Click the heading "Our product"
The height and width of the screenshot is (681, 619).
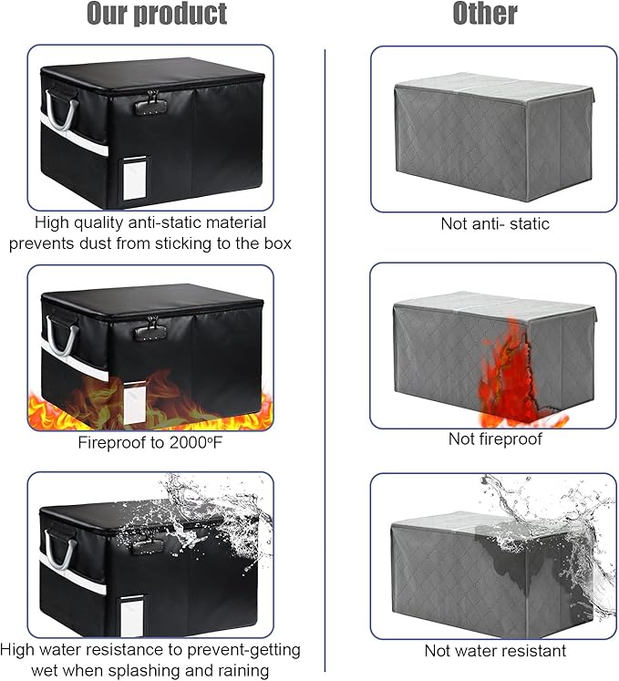tap(157, 14)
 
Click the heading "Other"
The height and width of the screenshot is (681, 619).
tap(485, 14)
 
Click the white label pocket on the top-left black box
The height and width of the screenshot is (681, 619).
tap(135, 180)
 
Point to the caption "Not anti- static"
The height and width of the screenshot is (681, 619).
tap(495, 223)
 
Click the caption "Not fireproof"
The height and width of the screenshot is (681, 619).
tap(495, 439)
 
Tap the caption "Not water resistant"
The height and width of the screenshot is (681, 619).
tap(495, 651)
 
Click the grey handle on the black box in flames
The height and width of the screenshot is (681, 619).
tap(62, 335)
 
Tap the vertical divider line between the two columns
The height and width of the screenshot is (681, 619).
tap(325, 360)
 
